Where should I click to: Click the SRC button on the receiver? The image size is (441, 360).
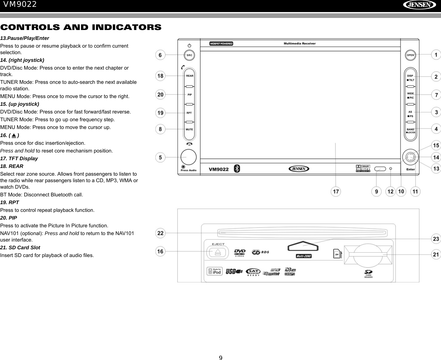click(189, 55)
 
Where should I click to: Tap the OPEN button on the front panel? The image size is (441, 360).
click(410, 55)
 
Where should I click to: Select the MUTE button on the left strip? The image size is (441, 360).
click(189, 129)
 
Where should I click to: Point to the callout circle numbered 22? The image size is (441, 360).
click(160, 233)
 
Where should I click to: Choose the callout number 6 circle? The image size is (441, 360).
click(160, 55)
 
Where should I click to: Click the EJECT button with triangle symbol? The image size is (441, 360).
click(218, 252)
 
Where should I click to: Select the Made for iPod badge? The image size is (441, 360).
click(215, 271)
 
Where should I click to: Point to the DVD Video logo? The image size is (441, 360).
click(240, 252)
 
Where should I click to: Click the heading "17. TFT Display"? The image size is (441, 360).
click(19, 159)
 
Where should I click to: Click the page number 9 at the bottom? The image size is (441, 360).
click(220, 358)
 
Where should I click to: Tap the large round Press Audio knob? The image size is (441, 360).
click(189, 157)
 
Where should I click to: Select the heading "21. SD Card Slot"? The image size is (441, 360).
click(20, 248)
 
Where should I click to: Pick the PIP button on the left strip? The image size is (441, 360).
click(189, 94)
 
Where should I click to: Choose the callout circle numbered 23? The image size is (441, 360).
click(436, 239)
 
